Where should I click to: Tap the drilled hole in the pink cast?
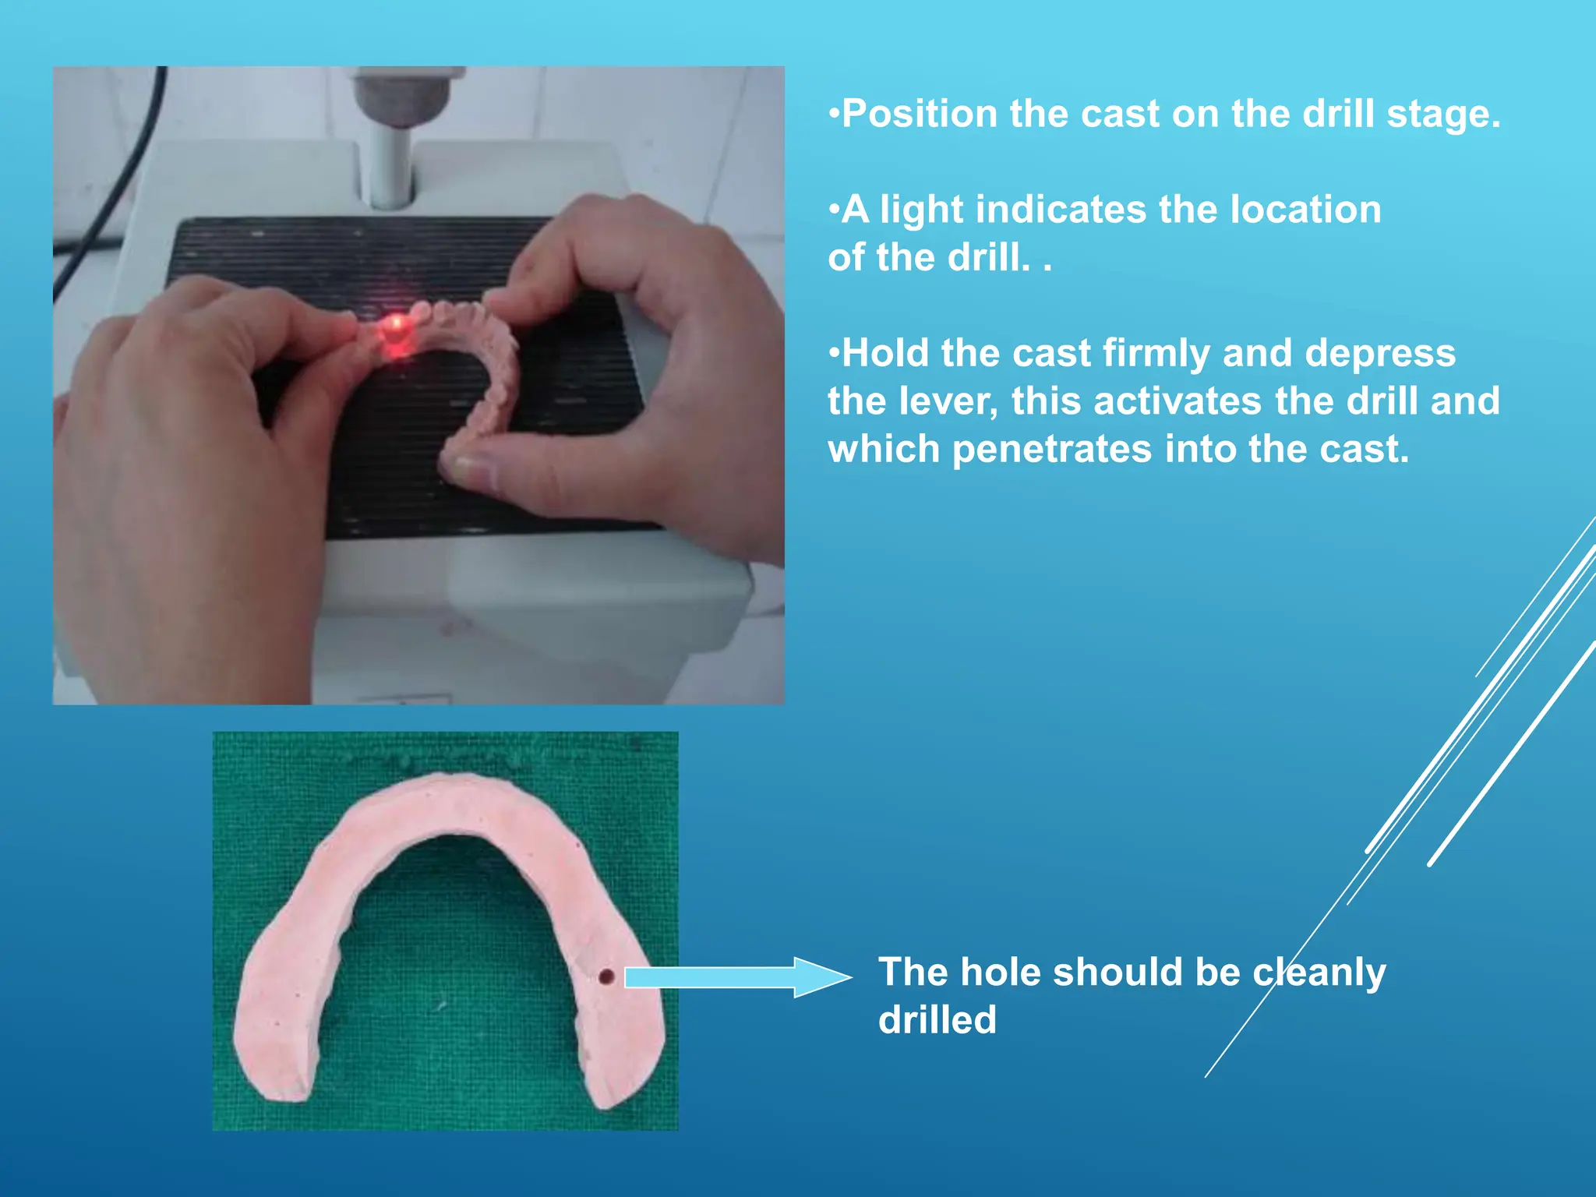coord(606,976)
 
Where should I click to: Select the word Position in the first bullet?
coord(920,114)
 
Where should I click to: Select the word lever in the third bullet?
coord(947,401)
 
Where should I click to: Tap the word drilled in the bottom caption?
coord(937,1020)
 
